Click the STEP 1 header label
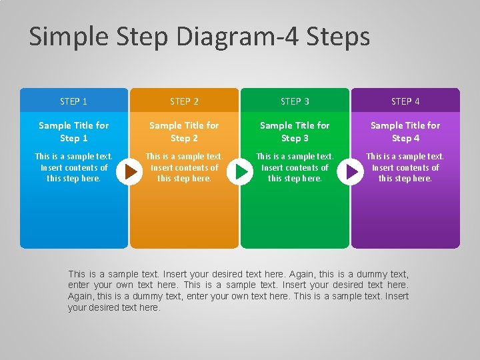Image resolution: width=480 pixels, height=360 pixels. (x=73, y=101)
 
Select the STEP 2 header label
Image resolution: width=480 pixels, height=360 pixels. (x=184, y=101)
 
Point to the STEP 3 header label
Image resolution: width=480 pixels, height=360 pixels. (x=295, y=101)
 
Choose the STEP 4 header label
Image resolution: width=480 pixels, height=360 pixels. (x=405, y=101)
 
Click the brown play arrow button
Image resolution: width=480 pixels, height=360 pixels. (x=129, y=172)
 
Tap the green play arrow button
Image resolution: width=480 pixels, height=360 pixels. (x=240, y=172)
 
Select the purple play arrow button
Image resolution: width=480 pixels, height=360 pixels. (x=350, y=172)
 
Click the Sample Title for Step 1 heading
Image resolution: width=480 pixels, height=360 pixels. (x=74, y=131)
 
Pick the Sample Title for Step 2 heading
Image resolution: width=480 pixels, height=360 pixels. (x=184, y=131)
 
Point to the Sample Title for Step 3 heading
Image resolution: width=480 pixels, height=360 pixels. (x=295, y=131)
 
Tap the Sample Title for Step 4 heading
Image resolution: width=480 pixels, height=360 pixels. (x=405, y=131)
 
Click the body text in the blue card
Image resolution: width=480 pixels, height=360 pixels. (x=73, y=167)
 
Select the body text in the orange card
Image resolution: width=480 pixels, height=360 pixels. (x=184, y=167)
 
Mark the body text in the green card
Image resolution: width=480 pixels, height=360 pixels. (x=295, y=167)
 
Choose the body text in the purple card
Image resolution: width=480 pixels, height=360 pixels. (x=405, y=167)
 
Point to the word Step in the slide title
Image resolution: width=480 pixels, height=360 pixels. (x=143, y=37)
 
